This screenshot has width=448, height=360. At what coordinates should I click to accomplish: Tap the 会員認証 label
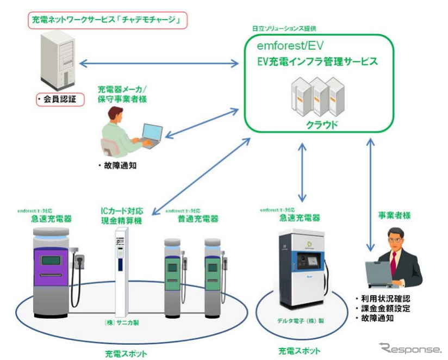pos(59,100)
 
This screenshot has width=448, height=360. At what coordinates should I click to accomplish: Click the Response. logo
pos(410,348)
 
